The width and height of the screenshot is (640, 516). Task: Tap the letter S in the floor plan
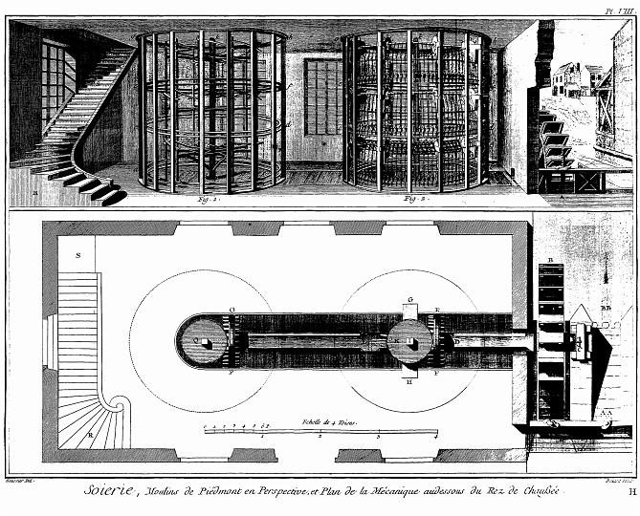(78, 255)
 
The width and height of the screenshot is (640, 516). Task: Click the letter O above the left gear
(232, 310)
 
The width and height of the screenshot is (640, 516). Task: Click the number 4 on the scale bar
(435, 438)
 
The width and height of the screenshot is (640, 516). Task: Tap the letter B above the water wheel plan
(552, 259)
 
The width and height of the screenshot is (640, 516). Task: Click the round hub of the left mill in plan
(202, 341)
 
